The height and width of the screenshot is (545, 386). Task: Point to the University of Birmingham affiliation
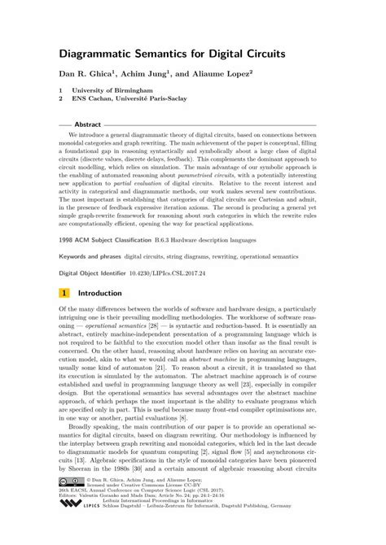tap(112, 89)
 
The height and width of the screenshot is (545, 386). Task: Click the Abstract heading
tap(87, 124)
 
